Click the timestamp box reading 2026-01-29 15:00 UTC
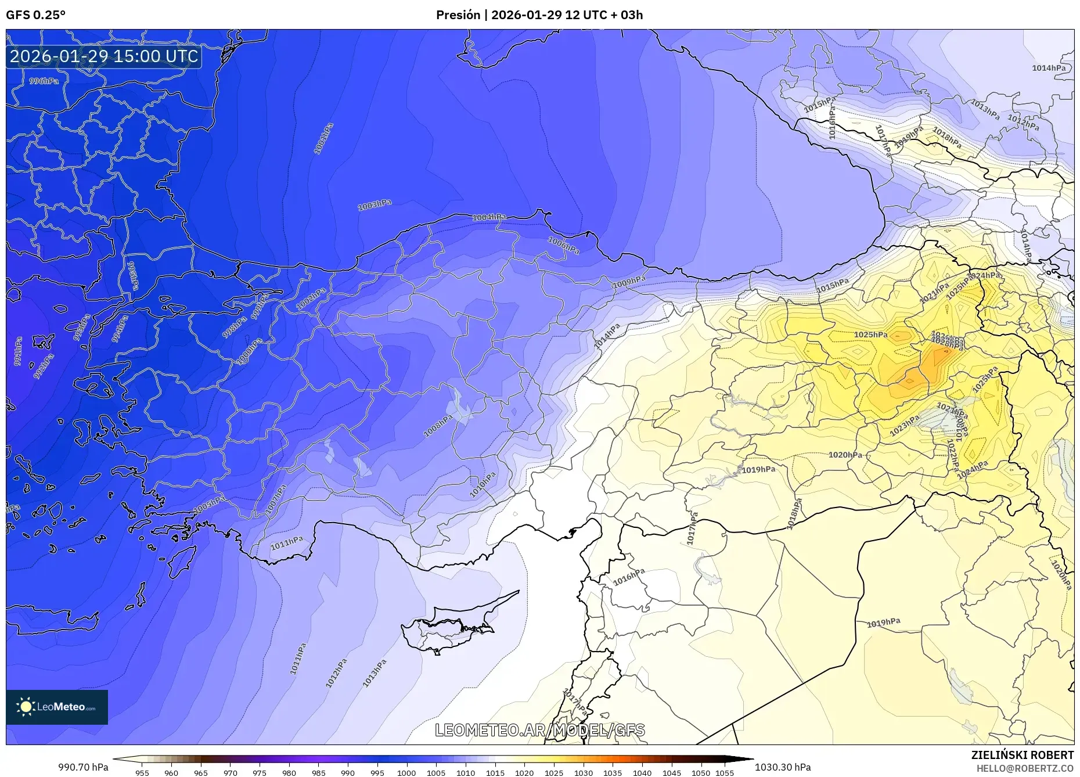coord(104,57)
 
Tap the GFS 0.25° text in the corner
coord(35,15)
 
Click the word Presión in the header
coord(458,15)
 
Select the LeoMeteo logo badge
coord(57,707)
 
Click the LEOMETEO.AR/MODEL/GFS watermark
coord(539,730)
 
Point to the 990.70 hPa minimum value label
coord(83,767)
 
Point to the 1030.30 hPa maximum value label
coord(783,767)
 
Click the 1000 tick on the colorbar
coord(406,773)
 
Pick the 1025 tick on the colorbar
coord(553,773)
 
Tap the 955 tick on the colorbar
coord(142,773)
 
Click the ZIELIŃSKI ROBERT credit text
coord(1023,755)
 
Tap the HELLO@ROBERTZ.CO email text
coord(1025,768)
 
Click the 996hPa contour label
coord(44,81)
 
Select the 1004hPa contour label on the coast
coord(489,217)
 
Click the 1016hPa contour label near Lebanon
coord(629,577)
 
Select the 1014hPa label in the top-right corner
coord(1049,68)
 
